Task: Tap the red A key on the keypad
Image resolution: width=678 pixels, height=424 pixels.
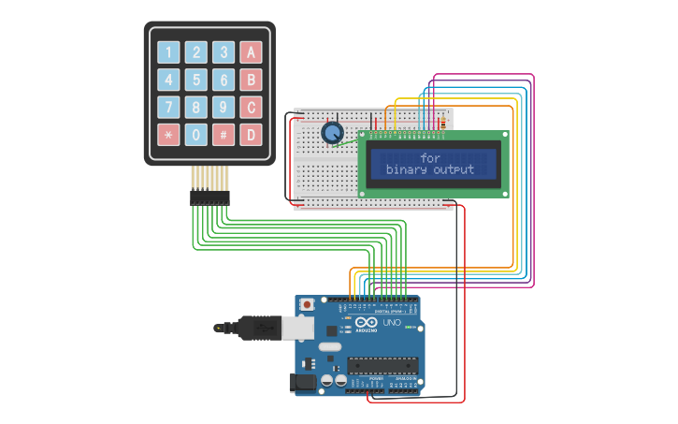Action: (x=251, y=52)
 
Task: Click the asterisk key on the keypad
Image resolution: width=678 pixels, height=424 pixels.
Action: (x=168, y=135)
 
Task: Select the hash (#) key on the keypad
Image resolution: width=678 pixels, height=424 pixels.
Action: (x=224, y=135)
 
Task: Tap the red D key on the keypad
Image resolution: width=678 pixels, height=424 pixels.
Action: (x=251, y=135)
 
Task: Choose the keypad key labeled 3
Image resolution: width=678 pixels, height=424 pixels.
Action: (x=224, y=52)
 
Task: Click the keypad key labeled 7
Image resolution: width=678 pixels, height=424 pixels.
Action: (x=168, y=107)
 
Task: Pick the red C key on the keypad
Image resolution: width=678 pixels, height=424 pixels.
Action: (x=251, y=107)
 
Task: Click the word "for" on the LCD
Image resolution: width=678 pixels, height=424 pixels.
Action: (x=430, y=158)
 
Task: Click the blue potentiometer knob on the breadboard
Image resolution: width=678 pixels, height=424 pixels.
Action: (x=332, y=133)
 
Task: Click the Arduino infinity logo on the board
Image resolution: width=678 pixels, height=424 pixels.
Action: (x=366, y=324)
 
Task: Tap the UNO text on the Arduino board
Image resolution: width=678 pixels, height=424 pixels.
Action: (x=392, y=323)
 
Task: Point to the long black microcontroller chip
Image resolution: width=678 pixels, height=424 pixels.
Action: (x=383, y=366)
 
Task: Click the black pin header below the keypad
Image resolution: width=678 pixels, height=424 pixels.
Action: (x=210, y=197)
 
